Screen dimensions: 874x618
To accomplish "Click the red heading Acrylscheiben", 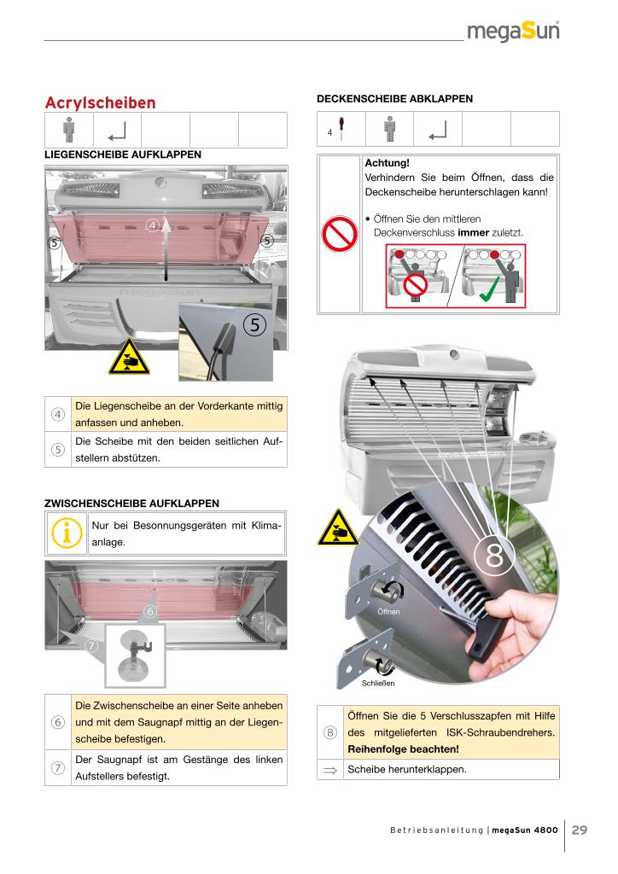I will click(x=100, y=103).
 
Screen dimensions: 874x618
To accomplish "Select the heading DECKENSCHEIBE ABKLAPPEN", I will click(x=394, y=99).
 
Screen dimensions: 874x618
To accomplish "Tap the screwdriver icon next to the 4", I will click(x=341, y=129).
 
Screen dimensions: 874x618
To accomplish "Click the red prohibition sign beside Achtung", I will click(x=339, y=233).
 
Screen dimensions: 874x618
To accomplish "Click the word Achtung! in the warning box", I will click(x=387, y=162).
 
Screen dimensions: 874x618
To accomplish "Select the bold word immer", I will click(x=474, y=232).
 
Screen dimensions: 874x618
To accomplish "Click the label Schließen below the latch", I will click(x=377, y=683).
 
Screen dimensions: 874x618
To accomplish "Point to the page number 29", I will click(x=580, y=830).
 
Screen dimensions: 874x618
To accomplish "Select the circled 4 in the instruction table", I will click(x=58, y=415).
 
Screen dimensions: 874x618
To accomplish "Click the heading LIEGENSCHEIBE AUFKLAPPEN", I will click(x=123, y=154).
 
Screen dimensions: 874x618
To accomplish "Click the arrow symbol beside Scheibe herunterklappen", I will click(x=329, y=770).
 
